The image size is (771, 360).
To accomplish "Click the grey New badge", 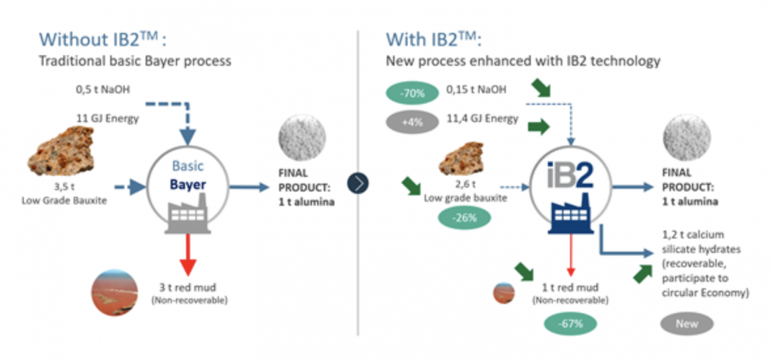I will (x=687, y=323).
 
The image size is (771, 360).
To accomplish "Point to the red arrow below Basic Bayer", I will (x=188, y=256).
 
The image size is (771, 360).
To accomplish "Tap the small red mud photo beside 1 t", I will (x=503, y=293).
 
